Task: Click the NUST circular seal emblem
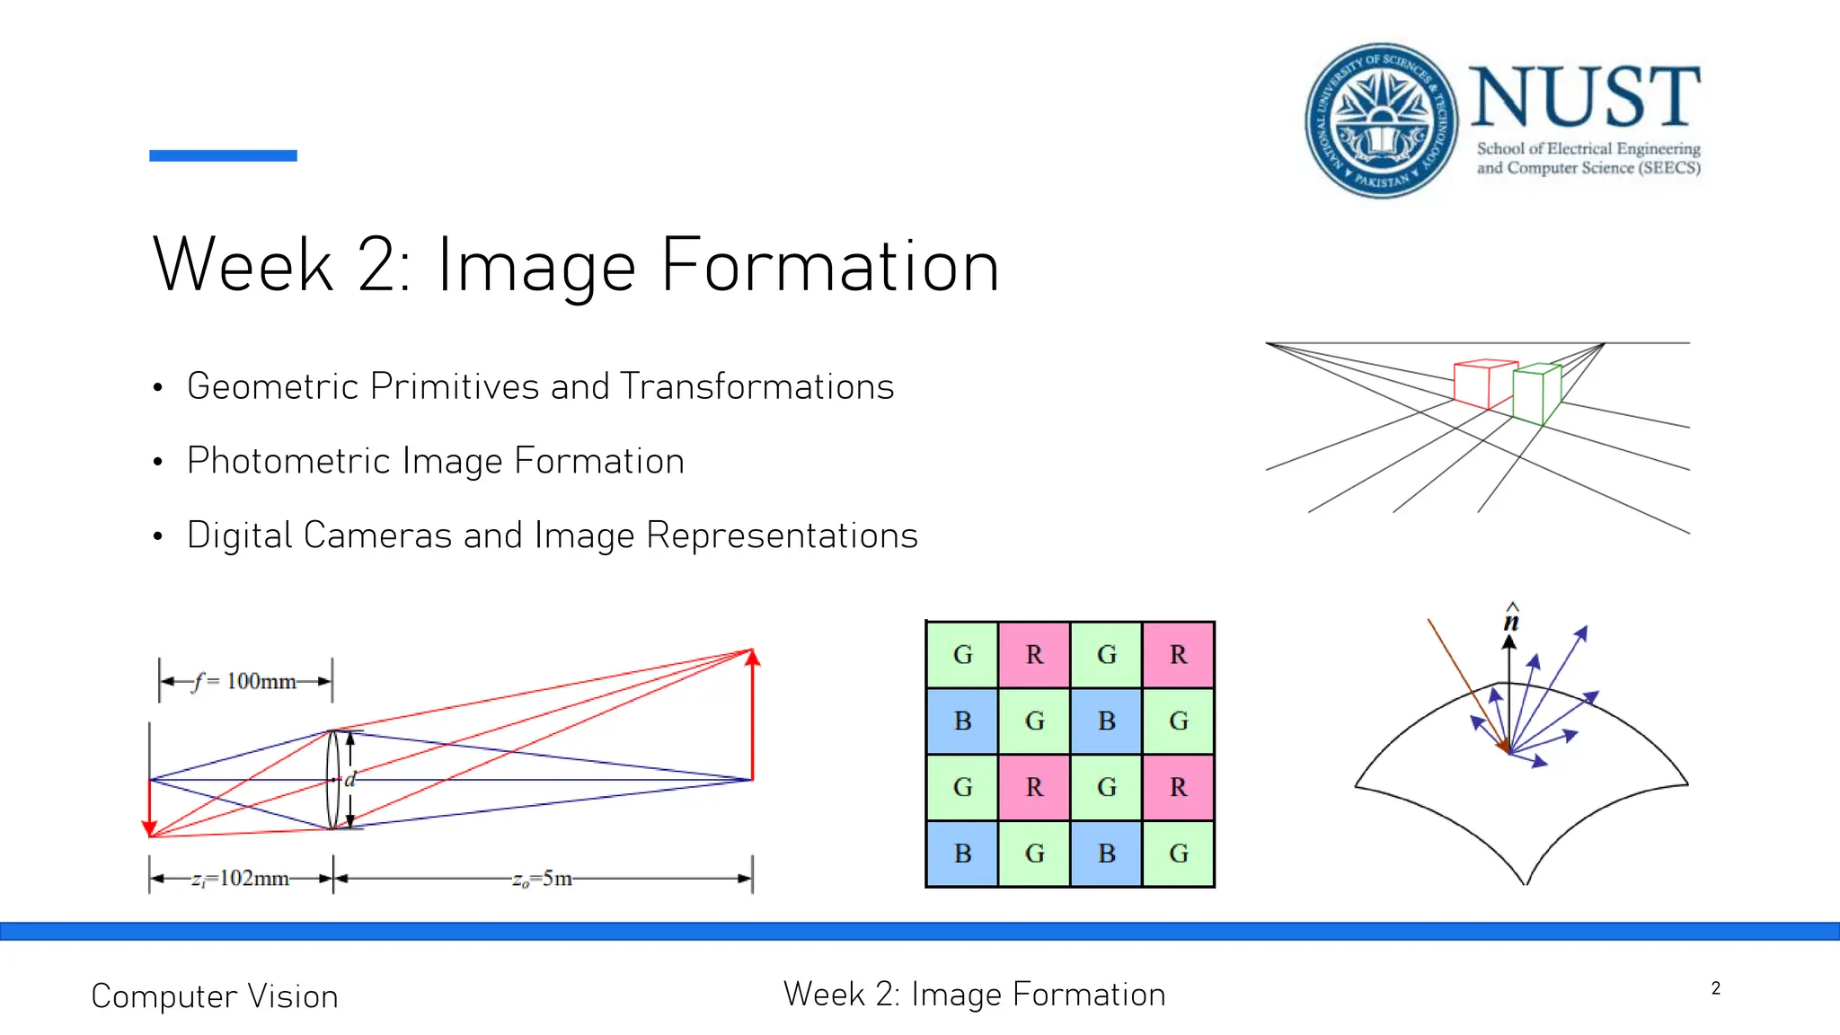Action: pyautogui.click(x=1381, y=120)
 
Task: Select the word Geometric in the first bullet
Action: pyautogui.click(x=273, y=386)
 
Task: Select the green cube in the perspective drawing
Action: pyautogui.click(x=1536, y=394)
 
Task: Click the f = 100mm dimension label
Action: pyautogui.click(x=244, y=681)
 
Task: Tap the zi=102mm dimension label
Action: pyautogui.click(x=240, y=878)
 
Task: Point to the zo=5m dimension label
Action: pyautogui.click(x=542, y=878)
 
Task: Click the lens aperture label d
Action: pyautogui.click(x=350, y=779)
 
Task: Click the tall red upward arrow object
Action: pyautogui.click(x=753, y=714)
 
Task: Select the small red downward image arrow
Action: pyautogui.click(x=150, y=809)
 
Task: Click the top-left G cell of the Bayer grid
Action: pyautogui.click(x=962, y=655)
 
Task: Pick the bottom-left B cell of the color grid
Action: pyautogui.click(x=962, y=854)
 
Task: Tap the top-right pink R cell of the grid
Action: pyautogui.click(x=1179, y=655)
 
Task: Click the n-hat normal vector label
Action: pyautogui.click(x=1511, y=619)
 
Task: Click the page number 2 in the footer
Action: pyautogui.click(x=1715, y=988)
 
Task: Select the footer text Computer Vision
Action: pyautogui.click(x=215, y=996)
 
